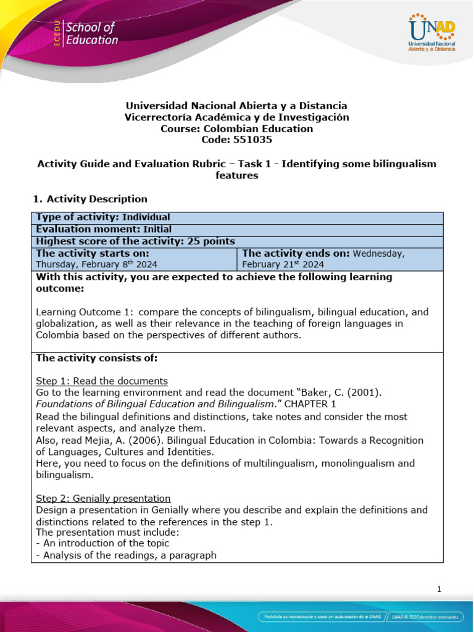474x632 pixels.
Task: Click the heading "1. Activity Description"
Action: click(x=89, y=199)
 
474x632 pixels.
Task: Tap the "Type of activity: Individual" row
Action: click(x=103, y=217)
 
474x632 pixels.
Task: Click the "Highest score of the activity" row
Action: click(x=135, y=241)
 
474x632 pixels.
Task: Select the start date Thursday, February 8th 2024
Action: click(x=101, y=264)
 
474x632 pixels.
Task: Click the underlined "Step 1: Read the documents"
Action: click(x=102, y=381)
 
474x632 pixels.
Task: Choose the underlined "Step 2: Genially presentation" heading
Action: click(x=103, y=498)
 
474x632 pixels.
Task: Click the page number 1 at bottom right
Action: click(x=439, y=589)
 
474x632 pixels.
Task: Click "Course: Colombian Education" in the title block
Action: click(x=236, y=129)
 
